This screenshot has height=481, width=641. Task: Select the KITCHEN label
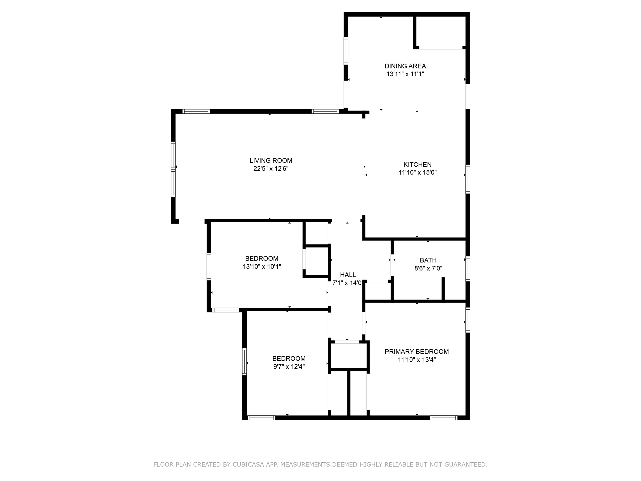417,164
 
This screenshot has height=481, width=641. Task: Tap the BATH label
428,260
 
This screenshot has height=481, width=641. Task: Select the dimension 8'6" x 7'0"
428,268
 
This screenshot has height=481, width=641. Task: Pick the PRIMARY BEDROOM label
416,352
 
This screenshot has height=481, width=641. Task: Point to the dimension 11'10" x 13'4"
416,360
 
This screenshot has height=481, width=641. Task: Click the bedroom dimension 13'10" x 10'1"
262,266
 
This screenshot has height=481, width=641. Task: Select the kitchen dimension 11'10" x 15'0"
417,172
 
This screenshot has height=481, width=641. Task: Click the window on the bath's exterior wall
467,269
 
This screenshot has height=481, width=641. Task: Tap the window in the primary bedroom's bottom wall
443,418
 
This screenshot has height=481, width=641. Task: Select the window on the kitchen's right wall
467,179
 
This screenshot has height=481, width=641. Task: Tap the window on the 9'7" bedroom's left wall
244,362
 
